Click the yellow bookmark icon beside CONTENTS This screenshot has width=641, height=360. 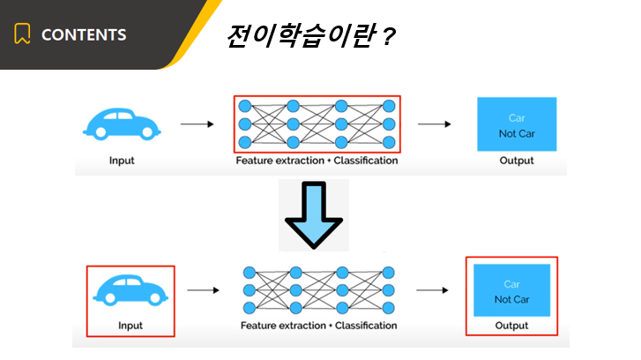(22, 34)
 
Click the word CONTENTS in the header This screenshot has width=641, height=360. (84, 34)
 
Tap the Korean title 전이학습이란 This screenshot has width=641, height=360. (301, 35)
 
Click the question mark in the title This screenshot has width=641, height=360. (388, 37)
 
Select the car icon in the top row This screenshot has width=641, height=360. (122, 124)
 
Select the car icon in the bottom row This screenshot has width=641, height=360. (130, 290)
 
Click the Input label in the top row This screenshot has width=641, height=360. (122, 161)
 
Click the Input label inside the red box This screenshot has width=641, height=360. (130, 326)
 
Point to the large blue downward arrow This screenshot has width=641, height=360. (314, 215)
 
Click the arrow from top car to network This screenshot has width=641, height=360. (197, 124)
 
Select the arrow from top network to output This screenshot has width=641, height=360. (434, 124)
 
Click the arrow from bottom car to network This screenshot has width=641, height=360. (203, 290)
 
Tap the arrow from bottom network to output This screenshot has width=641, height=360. (432, 290)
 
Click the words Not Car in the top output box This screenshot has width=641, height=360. (517, 134)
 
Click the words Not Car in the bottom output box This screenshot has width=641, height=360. (511, 299)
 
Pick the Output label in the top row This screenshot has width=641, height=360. (517, 161)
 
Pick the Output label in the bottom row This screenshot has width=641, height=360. (511, 326)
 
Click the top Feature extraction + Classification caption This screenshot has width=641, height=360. (317, 161)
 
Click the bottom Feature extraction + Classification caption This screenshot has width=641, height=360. (319, 326)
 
